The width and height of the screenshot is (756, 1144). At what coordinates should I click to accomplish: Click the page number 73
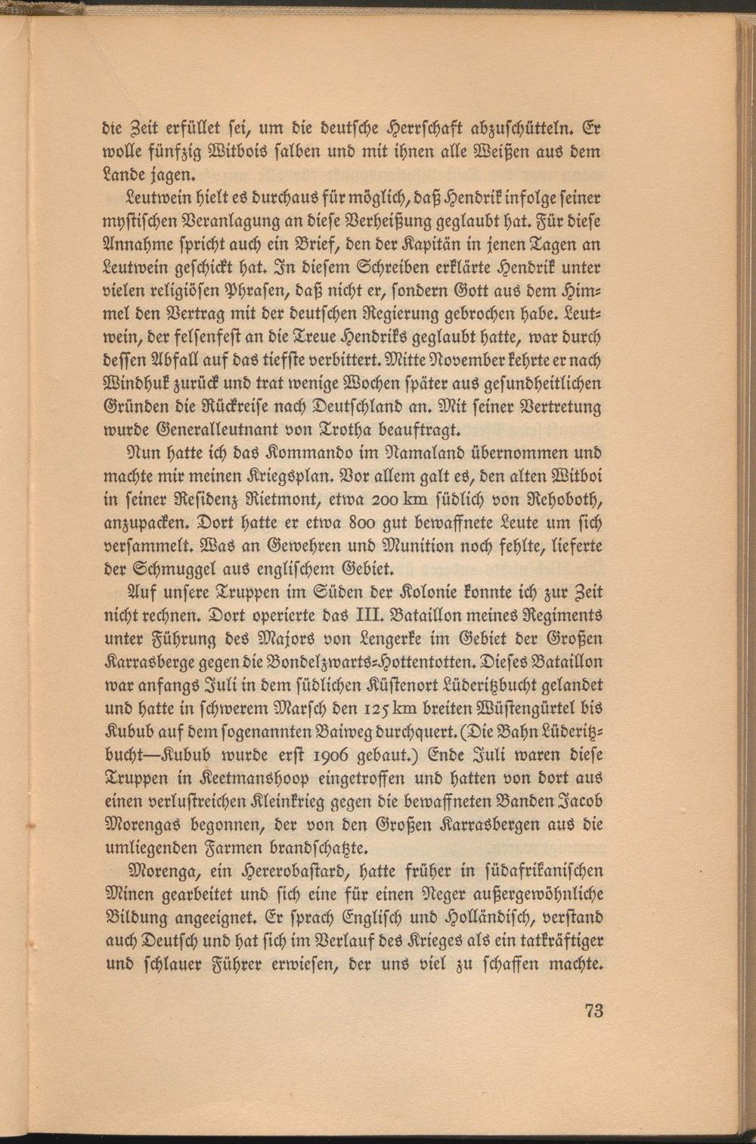click(x=593, y=1010)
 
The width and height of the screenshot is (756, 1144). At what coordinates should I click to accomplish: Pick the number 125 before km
click(x=373, y=708)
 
